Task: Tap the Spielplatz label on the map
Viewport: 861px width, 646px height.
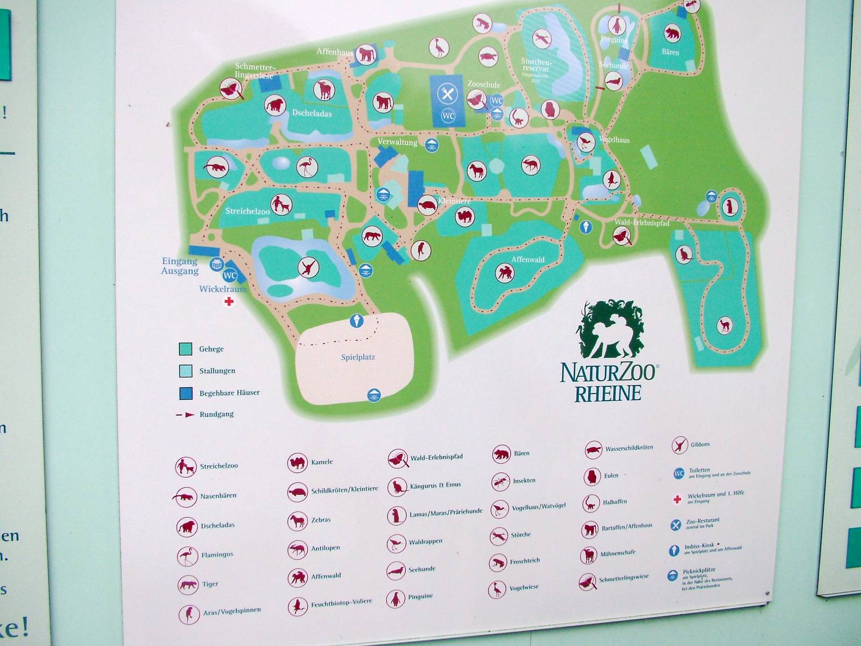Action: pyautogui.click(x=358, y=357)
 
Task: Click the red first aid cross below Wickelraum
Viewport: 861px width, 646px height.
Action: pyautogui.click(x=229, y=301)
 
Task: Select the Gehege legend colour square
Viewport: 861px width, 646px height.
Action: pyautogui.click(x=186, y=349)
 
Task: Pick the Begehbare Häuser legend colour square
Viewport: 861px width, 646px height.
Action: pyautogui.click(x=186, y=393)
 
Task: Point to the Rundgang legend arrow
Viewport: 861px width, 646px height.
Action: pyautogui.click(x=186, y=415)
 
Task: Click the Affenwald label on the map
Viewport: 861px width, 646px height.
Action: pyautogui.click(x=527, y=259)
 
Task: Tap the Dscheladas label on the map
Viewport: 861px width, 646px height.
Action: pyautogui.click(x=312, y=114)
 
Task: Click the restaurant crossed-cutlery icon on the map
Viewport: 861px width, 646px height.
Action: pyautogui.click(x=447, y=94)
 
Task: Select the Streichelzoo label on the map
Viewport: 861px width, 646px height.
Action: pyautogui.click(x=247, y=211)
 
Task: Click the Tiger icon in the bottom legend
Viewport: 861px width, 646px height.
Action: pyautogui.click(x=188, y=584)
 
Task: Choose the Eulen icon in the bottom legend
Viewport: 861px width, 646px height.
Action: pyautogui.click(x=592, y=476)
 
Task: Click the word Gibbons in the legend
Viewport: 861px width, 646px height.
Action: pyautogui.click(x=700, y=444)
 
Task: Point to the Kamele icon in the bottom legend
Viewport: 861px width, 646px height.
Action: pyautogui.click(x=297, y=462)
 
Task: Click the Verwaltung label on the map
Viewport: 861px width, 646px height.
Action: pyautogui.click(x=397, y=142)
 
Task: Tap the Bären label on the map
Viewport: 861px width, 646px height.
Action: pyautogui.click(x=670, y=52)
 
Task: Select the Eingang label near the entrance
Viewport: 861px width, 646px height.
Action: pyautogui.click(x=180, y=261)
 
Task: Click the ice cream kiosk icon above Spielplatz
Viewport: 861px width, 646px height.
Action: pyautogui.click(x=356, y=321)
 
